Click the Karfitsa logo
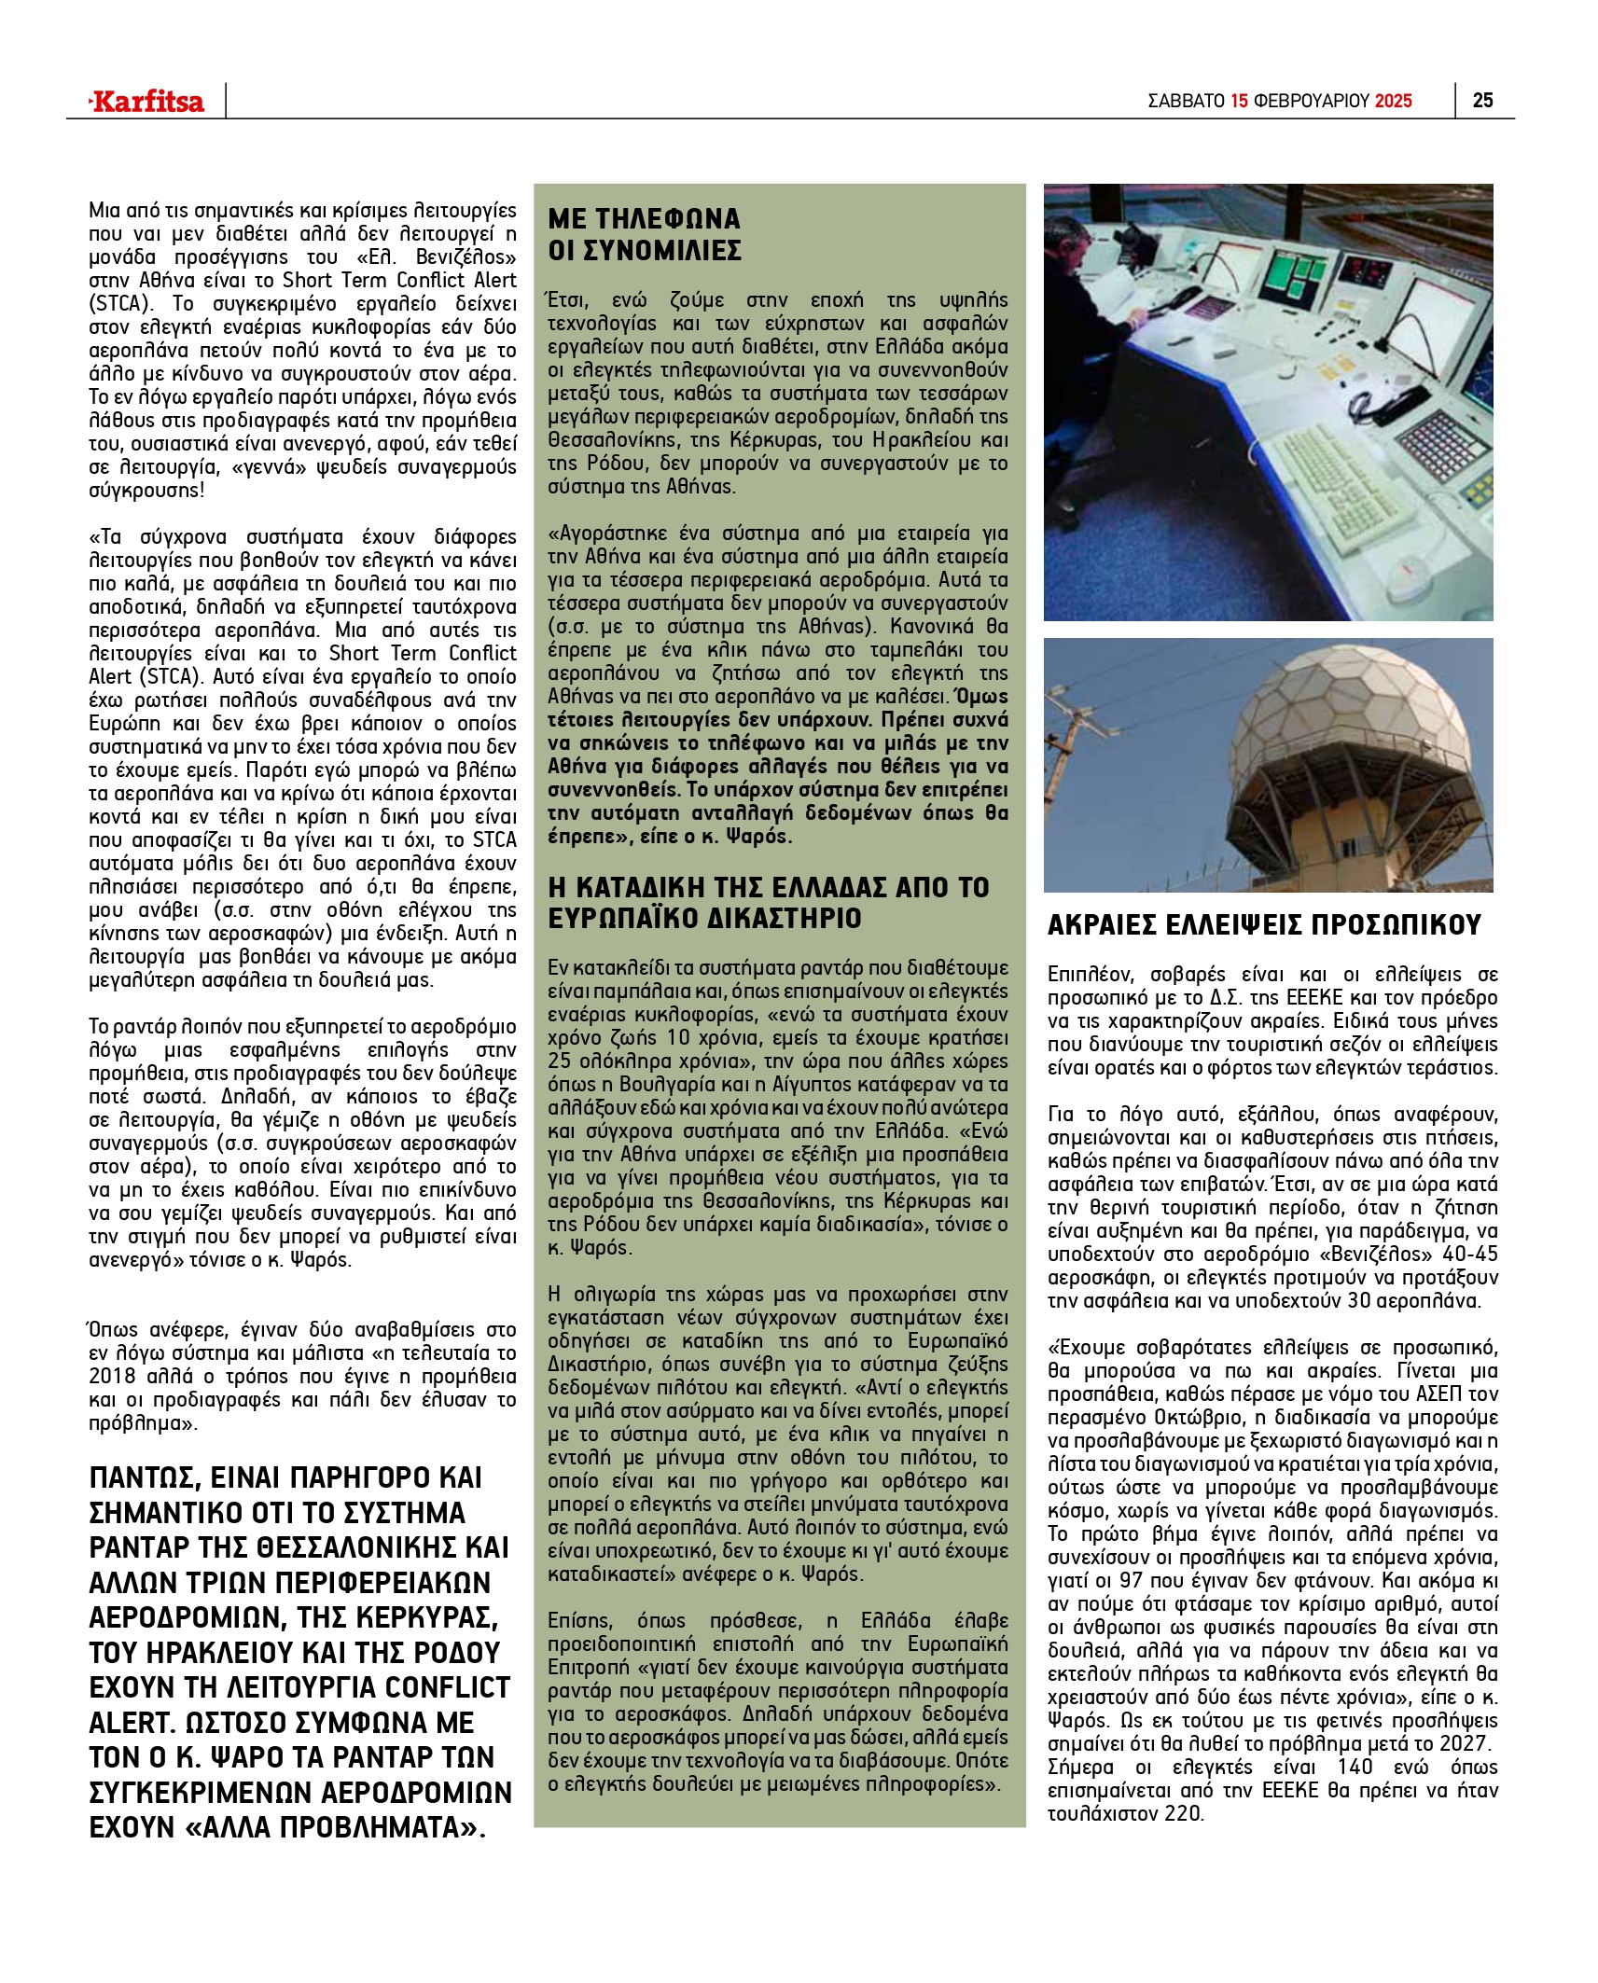[x=146, y=101]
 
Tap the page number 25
[x=1482, y=101]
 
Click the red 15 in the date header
[x=1239, y=101]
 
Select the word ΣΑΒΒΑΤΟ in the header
[x=1186, y=101]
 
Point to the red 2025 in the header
[x=1394, y=101]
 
